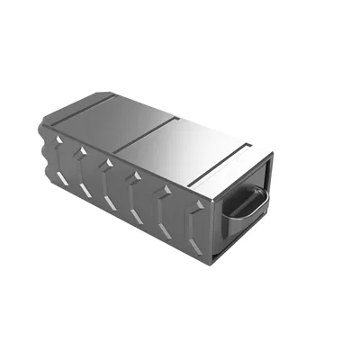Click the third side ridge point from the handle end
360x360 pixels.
pyautogui.click(x=134, y=178)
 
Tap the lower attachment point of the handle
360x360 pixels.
pyautogui.click(x=230, y=220)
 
